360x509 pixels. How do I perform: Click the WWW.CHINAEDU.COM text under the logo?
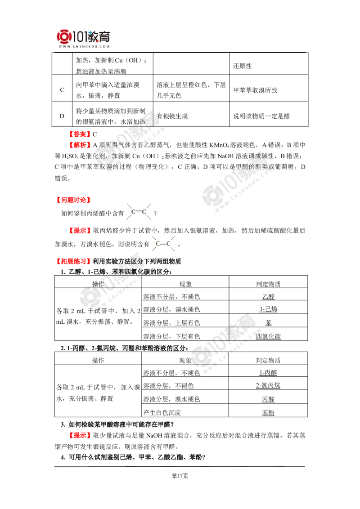click(84, 46)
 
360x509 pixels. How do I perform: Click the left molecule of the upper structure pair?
click(132, 211)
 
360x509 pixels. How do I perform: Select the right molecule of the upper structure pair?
click(146, 211)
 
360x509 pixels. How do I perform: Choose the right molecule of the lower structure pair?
click(170, 244)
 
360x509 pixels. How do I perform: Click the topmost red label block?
click(80, 134)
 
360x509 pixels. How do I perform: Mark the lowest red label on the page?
click(81, 435)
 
